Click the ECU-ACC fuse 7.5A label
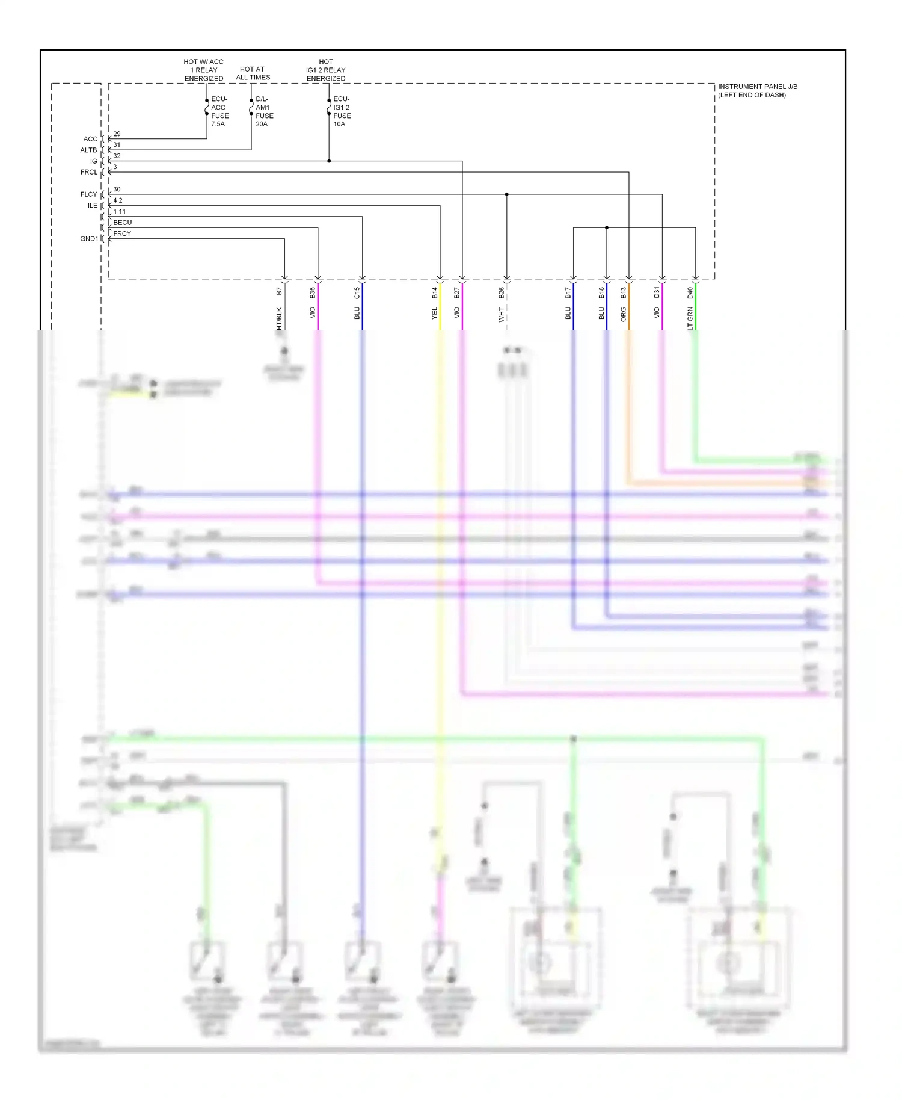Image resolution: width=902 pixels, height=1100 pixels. [x=219, y=111]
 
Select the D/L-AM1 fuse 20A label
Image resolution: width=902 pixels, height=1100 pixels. [x=264, y=111]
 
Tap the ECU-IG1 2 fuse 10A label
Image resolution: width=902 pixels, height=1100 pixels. [x=342, y=111]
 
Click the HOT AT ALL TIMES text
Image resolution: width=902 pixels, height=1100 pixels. [x=253, y=73]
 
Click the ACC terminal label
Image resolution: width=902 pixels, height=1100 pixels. [x=90, y=139]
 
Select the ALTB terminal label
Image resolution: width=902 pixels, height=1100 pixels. [x=88, y=150]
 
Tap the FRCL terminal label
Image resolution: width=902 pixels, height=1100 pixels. [x=88, y=173]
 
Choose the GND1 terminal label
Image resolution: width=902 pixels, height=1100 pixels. [x=88, y=239]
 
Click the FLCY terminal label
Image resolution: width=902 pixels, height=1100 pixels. [x=88, y=194]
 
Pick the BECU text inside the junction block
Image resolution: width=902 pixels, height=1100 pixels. [x=122, y=223]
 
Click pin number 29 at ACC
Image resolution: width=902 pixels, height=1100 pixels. [x=117, y=134]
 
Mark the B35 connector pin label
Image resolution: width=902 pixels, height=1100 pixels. [x=313, y=292]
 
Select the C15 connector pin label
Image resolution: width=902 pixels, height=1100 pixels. [x=357, y=292]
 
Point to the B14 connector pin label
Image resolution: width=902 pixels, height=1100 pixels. [x=435, y=292]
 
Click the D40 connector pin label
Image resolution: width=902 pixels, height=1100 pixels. [x=690, y=292]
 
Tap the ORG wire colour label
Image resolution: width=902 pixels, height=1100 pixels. [x=624, y=314]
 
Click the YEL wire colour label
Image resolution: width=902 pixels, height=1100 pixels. [x=435, y=314]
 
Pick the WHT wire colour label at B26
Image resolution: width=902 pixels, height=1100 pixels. [x=502, y=314]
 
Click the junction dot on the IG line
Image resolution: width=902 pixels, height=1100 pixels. [x=329, y=161]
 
